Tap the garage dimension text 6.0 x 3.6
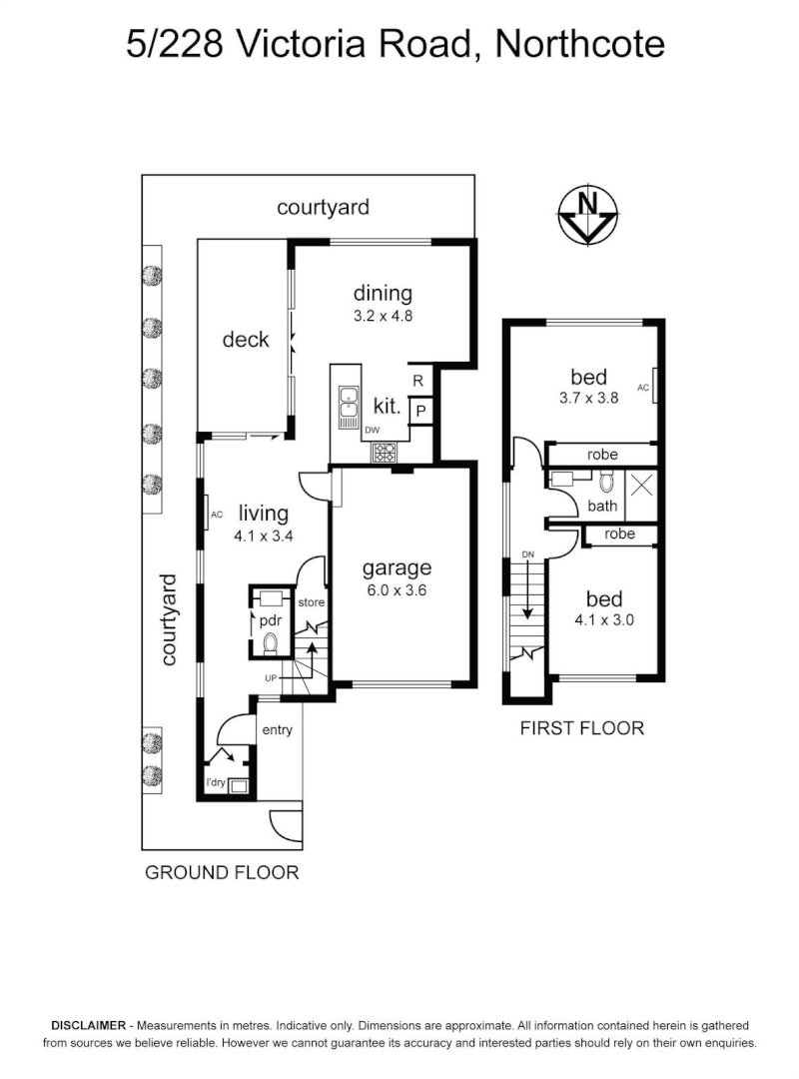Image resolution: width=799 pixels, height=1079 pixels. click(397, 589)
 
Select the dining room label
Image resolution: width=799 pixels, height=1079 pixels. click(383, 293)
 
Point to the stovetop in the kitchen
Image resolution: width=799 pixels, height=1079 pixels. click(386, 452)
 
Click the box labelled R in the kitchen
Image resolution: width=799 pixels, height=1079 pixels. click(418, 381)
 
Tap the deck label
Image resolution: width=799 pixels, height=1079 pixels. click(246, 340)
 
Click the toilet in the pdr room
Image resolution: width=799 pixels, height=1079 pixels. click(269, 644)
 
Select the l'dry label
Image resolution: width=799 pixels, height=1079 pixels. click(215, 782)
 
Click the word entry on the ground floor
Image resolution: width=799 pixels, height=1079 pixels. click(277, 730)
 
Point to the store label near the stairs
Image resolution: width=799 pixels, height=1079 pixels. click(311, 602)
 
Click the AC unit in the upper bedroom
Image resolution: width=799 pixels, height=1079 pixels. click(654, 388)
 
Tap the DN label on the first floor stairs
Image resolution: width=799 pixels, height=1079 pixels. click(528, 555)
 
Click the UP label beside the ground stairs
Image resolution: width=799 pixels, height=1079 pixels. click(271, 679)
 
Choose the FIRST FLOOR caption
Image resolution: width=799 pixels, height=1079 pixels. click(581, 728)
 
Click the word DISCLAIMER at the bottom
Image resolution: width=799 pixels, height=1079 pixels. click(88, 1026)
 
